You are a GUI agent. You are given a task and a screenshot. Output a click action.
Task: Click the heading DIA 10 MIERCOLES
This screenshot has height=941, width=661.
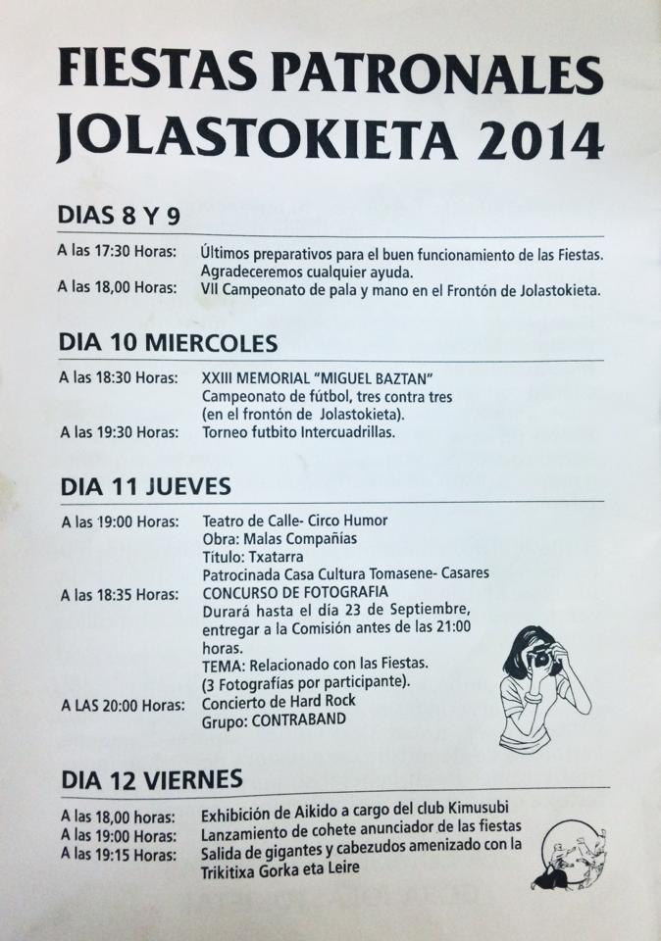(x=168, y=343)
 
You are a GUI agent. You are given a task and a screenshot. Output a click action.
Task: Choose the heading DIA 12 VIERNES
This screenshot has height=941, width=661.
(x=152, y=780)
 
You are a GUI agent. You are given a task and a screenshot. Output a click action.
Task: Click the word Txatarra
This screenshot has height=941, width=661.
(x=271, y=555)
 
